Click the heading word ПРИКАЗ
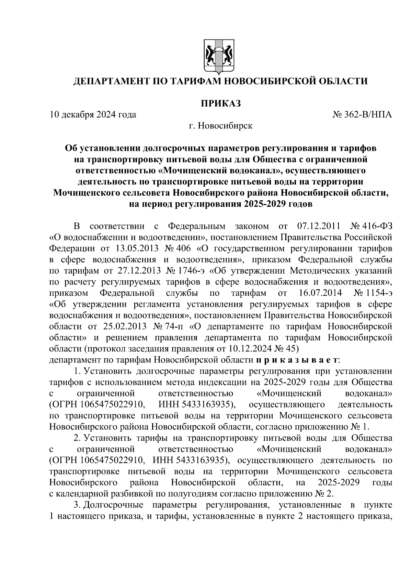tap(220, 103)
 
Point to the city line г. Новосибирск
tap(220, 126)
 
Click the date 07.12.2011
tap(318, 226)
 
